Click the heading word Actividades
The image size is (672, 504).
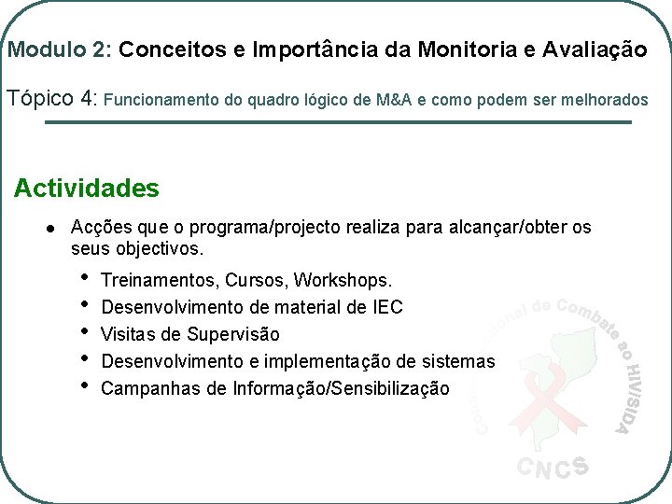click(87, 189)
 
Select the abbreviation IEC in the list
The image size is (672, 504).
click(388, 307)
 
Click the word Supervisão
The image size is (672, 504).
click(233, 334)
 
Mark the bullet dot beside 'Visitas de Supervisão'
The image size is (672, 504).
click(85, 331)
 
